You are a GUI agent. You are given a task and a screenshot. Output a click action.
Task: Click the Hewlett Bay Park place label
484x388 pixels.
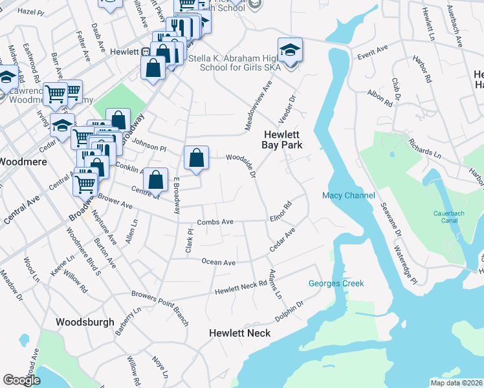tap(282, 140)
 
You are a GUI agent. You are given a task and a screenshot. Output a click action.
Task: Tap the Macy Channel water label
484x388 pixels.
tap(349, 196)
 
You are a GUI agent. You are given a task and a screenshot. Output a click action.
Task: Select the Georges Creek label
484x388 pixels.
tap(336, 283)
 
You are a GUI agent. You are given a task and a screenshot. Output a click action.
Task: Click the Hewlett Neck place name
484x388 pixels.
tap(239, 332)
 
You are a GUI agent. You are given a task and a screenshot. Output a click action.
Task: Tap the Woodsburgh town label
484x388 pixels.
tap(85, 321)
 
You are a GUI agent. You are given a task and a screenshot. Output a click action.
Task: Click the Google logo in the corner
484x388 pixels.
tap(21, 380)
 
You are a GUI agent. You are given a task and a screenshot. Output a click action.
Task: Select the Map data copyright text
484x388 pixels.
tap(456, 383)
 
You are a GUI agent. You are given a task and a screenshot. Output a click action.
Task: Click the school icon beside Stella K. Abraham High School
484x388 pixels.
tap(290, 50)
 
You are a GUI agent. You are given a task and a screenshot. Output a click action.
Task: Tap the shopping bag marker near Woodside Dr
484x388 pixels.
tap(196, 158)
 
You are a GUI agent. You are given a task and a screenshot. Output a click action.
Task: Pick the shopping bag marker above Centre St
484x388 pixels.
tap(155, 180)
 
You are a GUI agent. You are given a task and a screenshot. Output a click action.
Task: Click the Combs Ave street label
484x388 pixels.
tap(215, 222)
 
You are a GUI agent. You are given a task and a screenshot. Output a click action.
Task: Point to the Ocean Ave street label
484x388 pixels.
tap(218, 262)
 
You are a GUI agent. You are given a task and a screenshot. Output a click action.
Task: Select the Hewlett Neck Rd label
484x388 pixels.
tap(241, 287)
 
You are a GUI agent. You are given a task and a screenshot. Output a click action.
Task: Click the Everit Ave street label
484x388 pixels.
tap(373, 49)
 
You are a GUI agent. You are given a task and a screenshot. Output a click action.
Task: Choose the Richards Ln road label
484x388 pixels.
tap(425, 148)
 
